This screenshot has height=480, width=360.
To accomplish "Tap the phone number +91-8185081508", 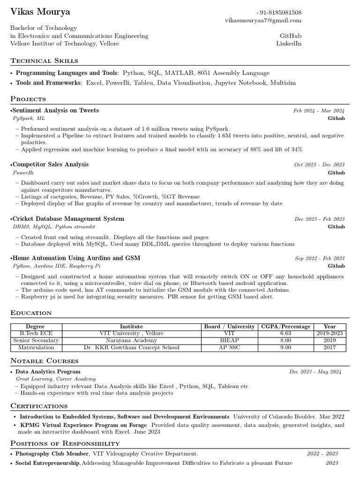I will click(278, 13).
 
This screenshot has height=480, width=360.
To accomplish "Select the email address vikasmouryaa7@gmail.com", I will click(263, 21).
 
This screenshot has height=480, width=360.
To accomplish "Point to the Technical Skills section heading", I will click(44, 60).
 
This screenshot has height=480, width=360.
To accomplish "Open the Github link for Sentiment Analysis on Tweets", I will click(336, 119).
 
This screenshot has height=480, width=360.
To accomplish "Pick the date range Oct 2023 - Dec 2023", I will click(319, 165).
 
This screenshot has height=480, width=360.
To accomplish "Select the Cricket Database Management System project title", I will click(68, 219).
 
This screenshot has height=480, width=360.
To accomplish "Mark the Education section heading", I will click(31, 313).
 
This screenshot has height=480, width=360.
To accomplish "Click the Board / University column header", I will click(229, 326).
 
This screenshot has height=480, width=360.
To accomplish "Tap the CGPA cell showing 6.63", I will click(285, 333).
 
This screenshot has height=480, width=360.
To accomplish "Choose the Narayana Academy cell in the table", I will click(131, 340).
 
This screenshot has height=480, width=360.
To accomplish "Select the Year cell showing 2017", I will click(330, 348).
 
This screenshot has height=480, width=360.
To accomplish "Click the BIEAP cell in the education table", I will click(229, 340).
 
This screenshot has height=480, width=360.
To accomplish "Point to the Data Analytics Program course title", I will click(48, 372).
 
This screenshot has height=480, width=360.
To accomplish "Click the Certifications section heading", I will click(39, 405).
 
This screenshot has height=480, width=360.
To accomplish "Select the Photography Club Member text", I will click(52, 454).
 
